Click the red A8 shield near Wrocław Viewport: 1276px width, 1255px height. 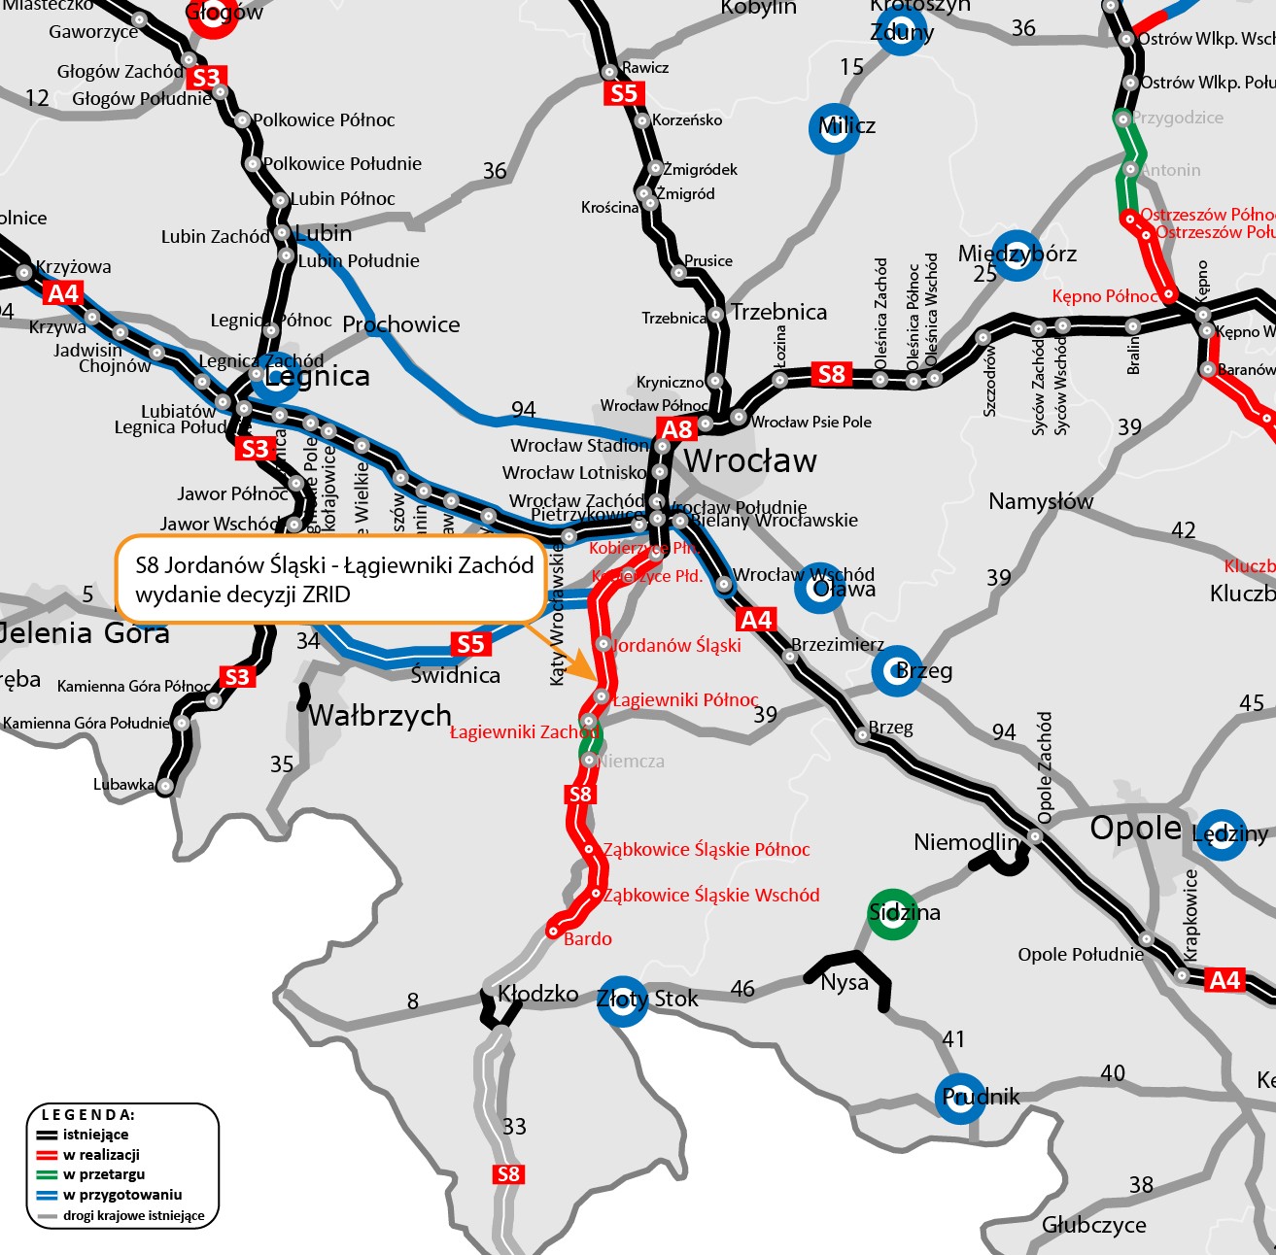pyautogui.click(x=676, y=428)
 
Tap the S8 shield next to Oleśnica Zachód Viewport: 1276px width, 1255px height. pyautogui.click(x=832, y=374)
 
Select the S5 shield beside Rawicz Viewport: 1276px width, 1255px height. pyautogui.click(x=623, y=93)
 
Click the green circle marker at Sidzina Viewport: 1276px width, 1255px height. pyautogui.click(x=892, y=913)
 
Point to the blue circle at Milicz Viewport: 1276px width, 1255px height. pyautogui.click(x=834, y=127)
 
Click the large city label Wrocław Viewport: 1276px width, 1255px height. pyautogui.click(x=750, y=460)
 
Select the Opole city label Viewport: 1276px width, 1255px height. pyautogui.click(x=1135, y=829)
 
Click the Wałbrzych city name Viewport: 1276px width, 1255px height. pyautogui.click(x=380, y=716)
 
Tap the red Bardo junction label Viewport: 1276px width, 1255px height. pyautogui.click(x=588, y=938)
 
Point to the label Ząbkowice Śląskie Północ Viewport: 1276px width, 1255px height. pyautogui.click(x=706, y=850)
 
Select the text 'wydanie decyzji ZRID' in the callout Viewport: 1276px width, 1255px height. pyautogui.click(x=242, y=594)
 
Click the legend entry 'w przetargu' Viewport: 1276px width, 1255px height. pyautogui.click(x=104, y=1174)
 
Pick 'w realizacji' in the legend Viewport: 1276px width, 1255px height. pyautogui.click(x=101, y=1155)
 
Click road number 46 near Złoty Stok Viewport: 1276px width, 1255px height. pyautogui.click(x=742, y=989)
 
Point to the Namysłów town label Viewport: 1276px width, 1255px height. pyautogui.click(x=1040, y=501)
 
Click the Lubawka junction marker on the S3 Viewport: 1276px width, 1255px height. pyautogui.click(x=166, y=786)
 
